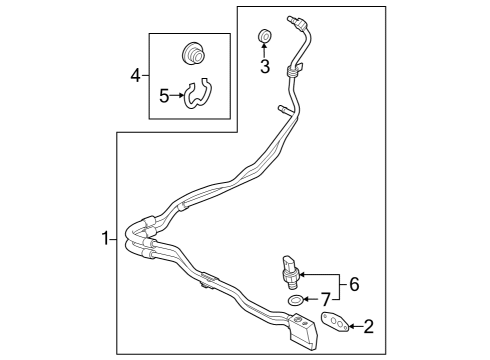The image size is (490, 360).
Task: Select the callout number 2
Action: pos(369,325)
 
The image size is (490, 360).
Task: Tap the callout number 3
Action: pos(265,67)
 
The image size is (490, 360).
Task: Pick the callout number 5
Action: pos(166,97)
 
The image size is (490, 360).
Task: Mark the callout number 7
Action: pos(325,299)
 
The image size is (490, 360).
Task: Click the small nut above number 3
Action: pos(265,38)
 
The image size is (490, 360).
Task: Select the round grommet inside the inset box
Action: pos(193,54)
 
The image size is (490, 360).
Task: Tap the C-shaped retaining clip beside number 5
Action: pos(199,94)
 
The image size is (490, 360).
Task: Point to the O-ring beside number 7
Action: pos(295,299)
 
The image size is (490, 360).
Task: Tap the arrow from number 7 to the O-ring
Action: pos(310,299)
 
